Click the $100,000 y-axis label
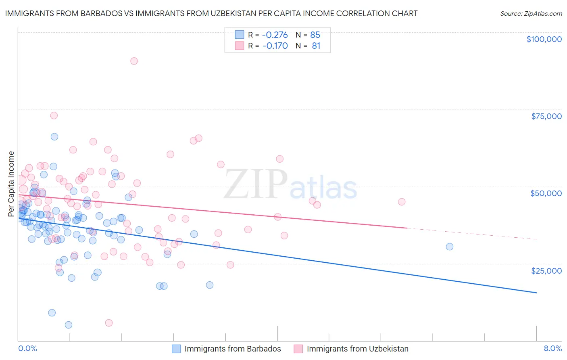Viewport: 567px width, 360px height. tap(544, 39)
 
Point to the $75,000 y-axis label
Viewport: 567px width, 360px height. tap(546, 116)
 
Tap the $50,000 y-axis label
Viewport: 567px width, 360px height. tap(546, 193)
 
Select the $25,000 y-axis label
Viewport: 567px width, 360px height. tap(546, 270)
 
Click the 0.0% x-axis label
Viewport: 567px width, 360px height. tap(27, 348)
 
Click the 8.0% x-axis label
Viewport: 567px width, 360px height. tap(552, 348)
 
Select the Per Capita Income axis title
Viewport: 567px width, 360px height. tap(11, 184)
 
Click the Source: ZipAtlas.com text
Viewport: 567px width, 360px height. tap(531, 14)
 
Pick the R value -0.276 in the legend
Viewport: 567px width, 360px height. tap(275, 35)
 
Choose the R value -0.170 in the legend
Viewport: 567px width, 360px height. tap(275, 46)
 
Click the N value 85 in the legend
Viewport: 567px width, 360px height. tap(315, 35)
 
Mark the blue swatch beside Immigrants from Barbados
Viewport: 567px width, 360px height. tap(176, 349)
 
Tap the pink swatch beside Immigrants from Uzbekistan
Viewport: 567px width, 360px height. tap(298, 349)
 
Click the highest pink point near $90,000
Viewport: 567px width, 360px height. tap(134, 61)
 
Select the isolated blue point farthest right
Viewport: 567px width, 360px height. tap(449, 247)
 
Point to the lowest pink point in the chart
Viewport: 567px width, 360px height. tap(109, 323)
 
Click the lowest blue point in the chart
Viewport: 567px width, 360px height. tap(69, 325)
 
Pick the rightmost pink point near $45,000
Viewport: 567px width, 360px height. tap(401, 202)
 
